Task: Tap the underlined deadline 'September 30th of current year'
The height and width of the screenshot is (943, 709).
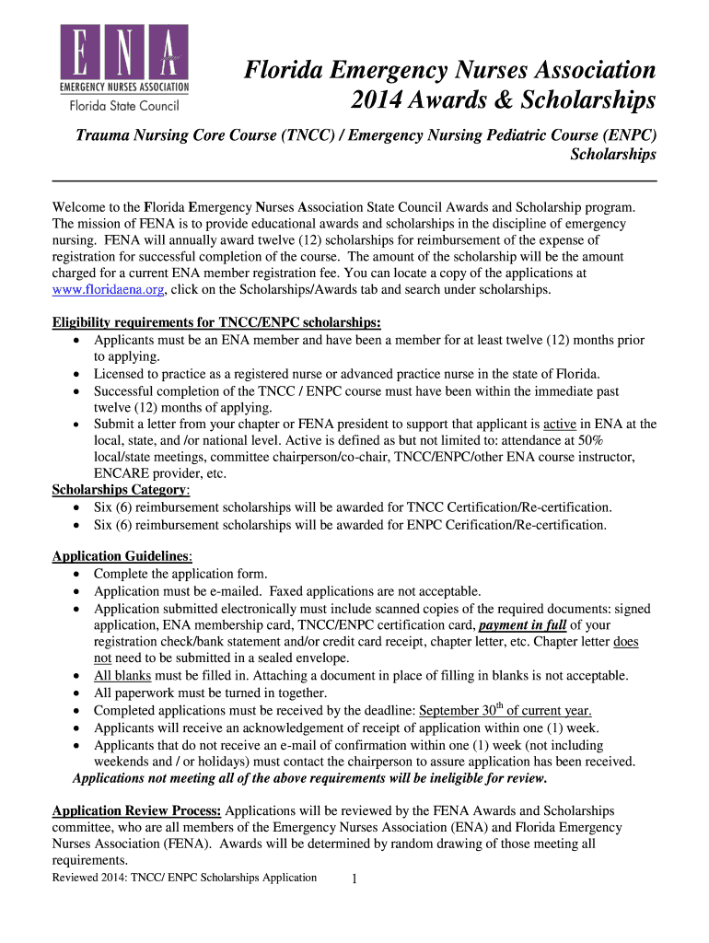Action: click(506, 710)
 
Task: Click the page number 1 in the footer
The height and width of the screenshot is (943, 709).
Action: click(354, 879)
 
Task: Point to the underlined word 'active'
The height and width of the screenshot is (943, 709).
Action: click(560, 425)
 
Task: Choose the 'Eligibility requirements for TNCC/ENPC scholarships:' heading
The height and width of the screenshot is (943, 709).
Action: click(216, 323)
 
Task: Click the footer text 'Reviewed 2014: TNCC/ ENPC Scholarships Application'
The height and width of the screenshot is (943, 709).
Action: click(184, 878)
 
